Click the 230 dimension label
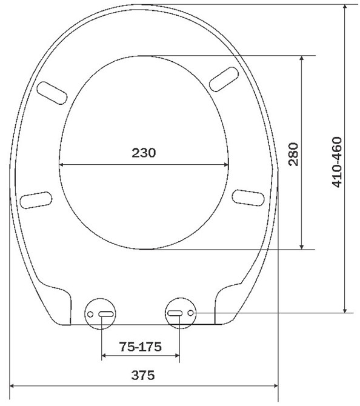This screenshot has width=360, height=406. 144,153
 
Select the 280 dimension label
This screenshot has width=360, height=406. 293,154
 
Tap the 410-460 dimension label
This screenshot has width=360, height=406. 337,162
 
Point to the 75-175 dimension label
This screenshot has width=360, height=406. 140,347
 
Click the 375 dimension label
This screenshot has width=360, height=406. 143,375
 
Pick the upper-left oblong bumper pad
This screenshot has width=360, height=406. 52,93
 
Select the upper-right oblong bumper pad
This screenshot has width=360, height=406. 224,79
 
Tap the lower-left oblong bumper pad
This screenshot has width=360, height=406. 36,200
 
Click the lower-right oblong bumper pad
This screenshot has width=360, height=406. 248,198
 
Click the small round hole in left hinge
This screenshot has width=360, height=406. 90,314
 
